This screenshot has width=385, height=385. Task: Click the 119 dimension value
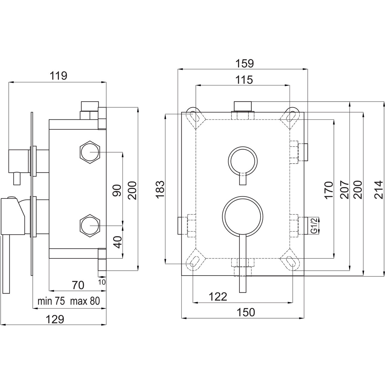point(58,76)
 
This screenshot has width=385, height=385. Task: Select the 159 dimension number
point(245,64)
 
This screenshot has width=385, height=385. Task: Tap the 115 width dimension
point(244,80)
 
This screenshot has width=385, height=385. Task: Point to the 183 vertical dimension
point(160,189)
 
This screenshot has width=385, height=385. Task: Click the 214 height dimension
point(379,189)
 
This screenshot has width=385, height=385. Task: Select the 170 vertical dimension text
point(329,190)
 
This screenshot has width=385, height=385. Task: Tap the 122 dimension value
point(218,297)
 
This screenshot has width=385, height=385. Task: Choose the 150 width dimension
point(246,312)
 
